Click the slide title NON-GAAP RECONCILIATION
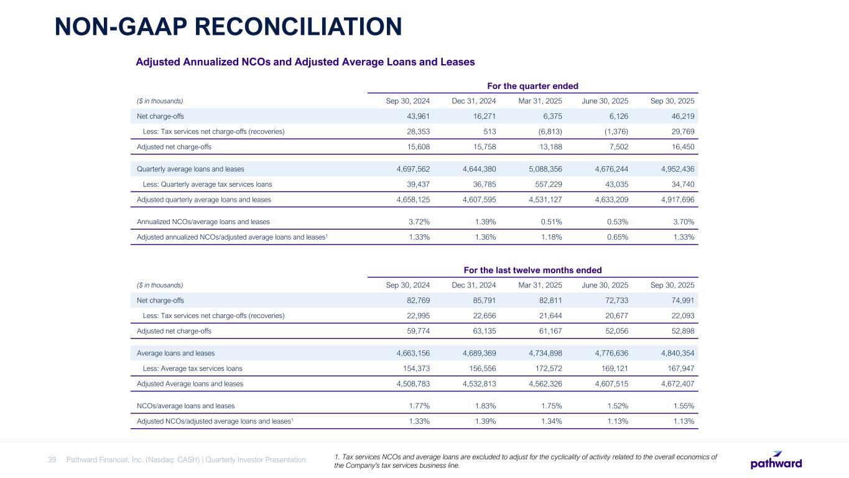click(x=228, y=26)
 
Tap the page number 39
click(x=52, y=460)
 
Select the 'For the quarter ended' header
click(x=532, y=86)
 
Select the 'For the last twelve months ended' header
click(x=532, y=269)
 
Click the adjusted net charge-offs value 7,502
click(x=614, y=146)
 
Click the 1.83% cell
click(x=485, y=406)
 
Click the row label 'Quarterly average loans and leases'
click(x=190, y=169)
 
